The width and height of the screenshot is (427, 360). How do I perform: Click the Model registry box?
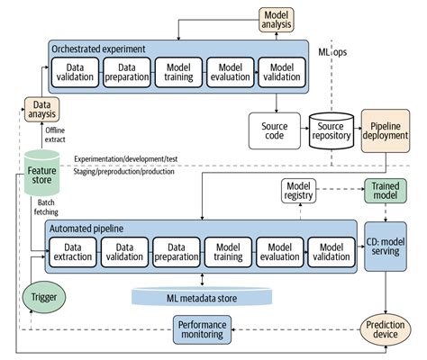click(303, 191)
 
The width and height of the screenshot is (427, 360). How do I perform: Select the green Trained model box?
click(385, 191)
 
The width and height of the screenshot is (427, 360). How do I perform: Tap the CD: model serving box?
click(386, 249)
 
